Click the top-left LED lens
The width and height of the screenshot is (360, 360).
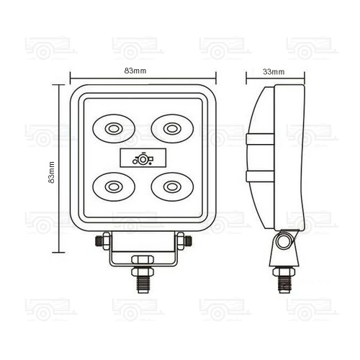(112, 129)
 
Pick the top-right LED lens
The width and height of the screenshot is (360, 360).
(171, 129)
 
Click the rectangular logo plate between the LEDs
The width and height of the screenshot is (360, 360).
(142, 158)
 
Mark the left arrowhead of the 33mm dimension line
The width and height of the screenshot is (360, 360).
(248, 78)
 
